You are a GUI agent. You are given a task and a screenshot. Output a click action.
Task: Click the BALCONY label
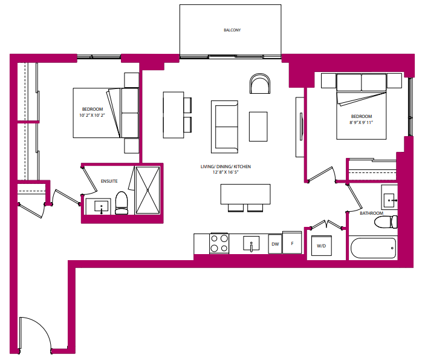pos(232,30)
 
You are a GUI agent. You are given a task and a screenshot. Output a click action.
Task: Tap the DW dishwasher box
pos(275,244)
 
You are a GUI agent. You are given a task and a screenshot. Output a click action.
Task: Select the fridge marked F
pos(292,243)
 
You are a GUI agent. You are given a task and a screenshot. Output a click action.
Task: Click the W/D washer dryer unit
pos(322,246)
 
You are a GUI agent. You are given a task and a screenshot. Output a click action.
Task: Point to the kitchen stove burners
pos(219,243)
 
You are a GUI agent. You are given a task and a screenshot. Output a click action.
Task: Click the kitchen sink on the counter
pos(252,244)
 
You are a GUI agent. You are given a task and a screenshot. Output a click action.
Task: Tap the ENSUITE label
pos(109,182)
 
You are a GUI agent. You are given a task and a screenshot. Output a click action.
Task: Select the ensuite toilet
pos(122,203)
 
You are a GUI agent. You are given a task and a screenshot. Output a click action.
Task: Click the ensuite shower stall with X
pos(148,190)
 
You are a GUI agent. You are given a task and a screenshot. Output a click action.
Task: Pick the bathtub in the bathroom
pos(373,248)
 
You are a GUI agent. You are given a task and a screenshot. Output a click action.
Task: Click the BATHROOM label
pos(371,213)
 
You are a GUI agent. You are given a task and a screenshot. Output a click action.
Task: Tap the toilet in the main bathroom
pos(386,222)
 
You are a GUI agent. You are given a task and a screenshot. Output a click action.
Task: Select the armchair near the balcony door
pos(260,83)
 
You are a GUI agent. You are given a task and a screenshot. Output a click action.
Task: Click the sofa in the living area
pos(224,127)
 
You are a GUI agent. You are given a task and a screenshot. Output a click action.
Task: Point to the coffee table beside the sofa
pos(258,126)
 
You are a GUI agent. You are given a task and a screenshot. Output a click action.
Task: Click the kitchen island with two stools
pos(245,197)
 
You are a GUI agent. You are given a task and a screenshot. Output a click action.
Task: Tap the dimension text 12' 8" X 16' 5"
pos(226,172)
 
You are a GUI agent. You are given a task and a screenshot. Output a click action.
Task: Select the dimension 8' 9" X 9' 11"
pos(361,122)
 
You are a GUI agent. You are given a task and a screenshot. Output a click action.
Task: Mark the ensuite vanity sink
pos(101,206)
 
